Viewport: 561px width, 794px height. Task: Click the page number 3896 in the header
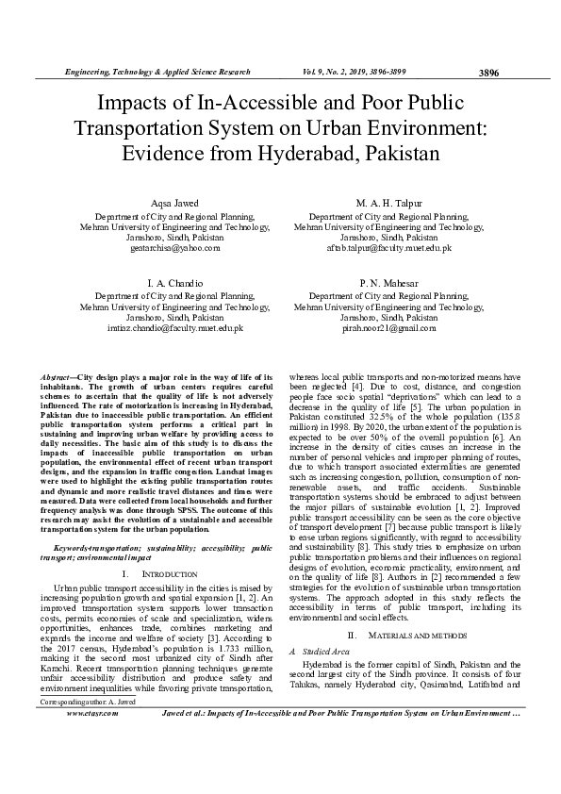pyautogui.click(x=488, y=73)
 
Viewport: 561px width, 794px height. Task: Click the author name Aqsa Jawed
pyautogui.click(x=174, y=204)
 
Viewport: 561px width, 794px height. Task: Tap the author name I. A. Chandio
pyautogui.click(x=174, y=283)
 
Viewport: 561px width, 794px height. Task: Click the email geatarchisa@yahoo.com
pyautogui.click(x=174, y=248)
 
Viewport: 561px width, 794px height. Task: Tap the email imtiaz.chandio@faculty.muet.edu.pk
pyautogui.click(x=174, y=328)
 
